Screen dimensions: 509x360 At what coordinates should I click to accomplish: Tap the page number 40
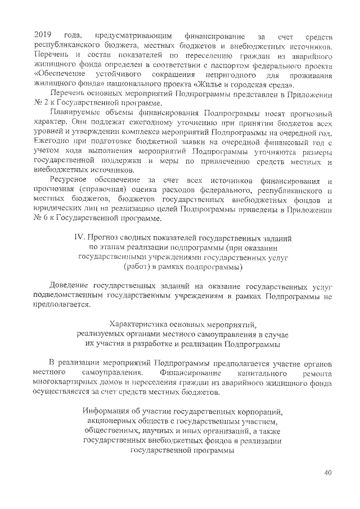click(x=328, y=471)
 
